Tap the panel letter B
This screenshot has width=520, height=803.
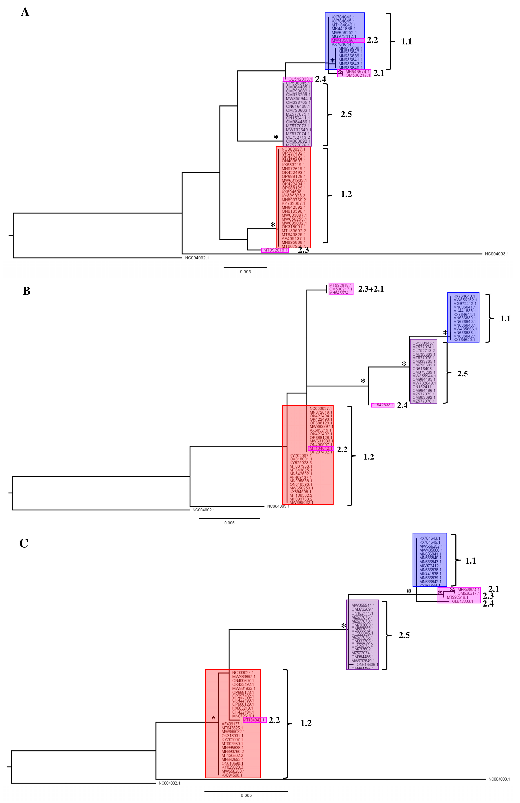coord(26,291)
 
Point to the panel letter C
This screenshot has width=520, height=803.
coord(24,543)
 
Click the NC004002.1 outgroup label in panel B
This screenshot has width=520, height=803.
coord(204,510)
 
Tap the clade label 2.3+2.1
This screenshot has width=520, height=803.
coord(371,289)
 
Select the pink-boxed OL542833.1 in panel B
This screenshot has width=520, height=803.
coord(382,405)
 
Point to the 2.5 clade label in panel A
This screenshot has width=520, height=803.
coord(346,114)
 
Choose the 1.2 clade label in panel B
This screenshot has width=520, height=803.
coord(368,457)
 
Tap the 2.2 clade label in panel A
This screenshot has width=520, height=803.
coord(372,40)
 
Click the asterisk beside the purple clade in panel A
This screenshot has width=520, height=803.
coord(276,137)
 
